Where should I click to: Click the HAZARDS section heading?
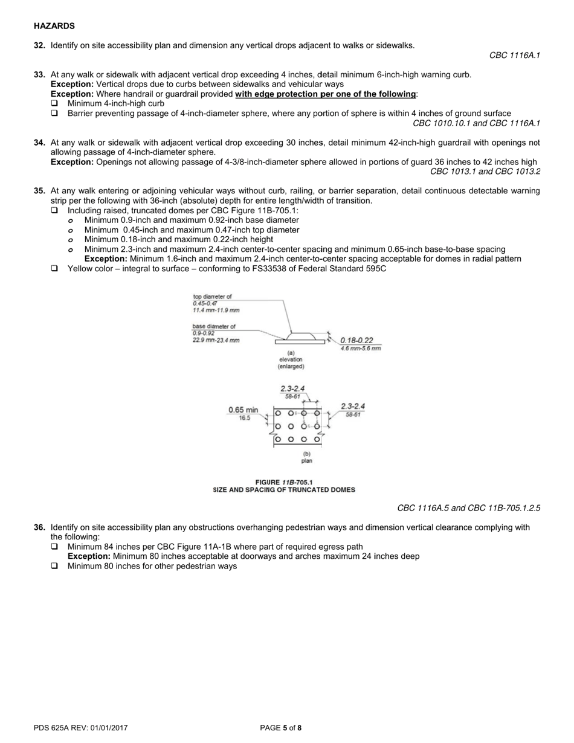tap(54, 26)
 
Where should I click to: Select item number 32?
tap(39, 45)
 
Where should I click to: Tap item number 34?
tap(39, 143)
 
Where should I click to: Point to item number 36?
tap(39, 527)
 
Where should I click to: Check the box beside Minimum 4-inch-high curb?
tap(55, 104)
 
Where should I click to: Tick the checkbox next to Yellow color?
tap(55, 269)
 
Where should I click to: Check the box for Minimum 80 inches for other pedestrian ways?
tap(55, 567)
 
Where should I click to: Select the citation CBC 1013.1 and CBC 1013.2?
tap(485, 172)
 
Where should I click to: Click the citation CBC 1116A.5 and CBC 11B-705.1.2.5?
tap(468, 508)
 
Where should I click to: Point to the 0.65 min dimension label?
tap(243, 410)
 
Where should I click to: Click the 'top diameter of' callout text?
tap(212, 297)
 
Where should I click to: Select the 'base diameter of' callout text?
tap(214, 326)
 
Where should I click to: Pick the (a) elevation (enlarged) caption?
tap(291, 359)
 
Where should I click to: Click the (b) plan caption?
tap(306, 457)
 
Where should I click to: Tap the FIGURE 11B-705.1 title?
tap(284, 482)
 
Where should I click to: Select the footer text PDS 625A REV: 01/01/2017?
tap(80, 728)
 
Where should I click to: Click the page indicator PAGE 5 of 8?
tap(280, 728)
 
